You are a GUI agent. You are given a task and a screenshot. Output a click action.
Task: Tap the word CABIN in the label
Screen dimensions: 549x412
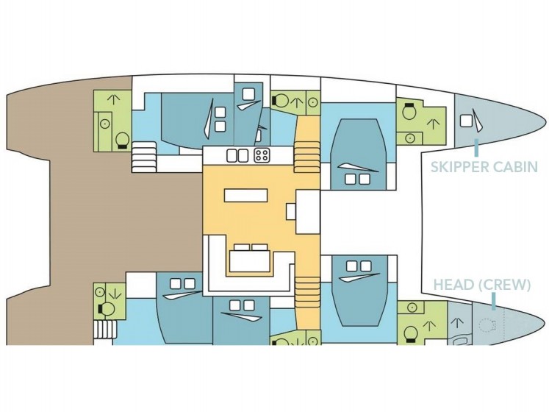click(514, 167)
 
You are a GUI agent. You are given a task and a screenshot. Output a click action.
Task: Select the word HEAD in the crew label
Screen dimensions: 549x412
click(453, 285)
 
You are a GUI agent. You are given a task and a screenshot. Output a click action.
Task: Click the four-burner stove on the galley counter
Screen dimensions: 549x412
click(262, 155)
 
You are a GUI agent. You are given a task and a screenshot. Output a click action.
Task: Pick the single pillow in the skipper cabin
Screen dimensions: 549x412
click(465, 121)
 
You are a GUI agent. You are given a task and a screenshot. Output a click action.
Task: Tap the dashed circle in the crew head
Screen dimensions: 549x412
click(486, 325)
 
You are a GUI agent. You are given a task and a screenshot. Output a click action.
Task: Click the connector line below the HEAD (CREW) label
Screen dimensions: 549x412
click(493, 302)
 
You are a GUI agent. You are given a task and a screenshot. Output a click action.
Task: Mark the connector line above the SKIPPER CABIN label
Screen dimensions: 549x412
click(476, 148)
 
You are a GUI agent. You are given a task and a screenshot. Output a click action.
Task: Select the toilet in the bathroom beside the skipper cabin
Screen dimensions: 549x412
click(409, 112)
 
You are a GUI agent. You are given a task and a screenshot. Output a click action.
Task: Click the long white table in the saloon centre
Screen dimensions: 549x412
click(245, 195)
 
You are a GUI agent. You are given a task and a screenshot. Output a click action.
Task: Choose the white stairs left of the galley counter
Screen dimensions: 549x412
click(144, 157)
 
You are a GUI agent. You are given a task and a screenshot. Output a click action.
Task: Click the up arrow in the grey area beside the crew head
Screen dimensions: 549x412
click(457, 322)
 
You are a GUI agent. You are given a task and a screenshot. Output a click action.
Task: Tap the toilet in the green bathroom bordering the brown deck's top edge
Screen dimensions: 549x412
click(122, 141)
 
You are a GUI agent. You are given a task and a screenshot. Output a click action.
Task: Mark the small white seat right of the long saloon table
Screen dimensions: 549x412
click(291, 211)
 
